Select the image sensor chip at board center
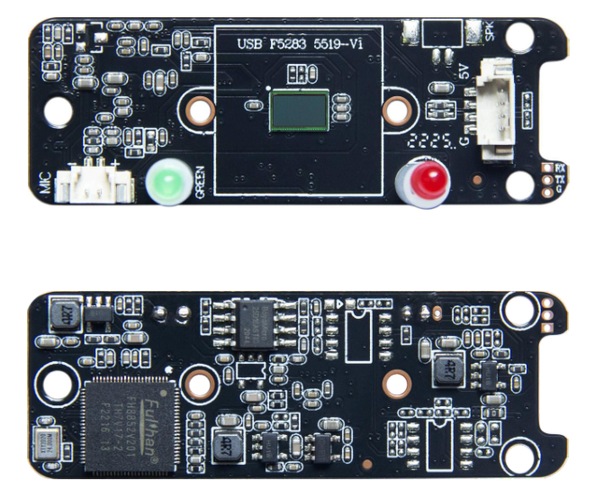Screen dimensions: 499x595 pyautogui.click(x=300, y=109)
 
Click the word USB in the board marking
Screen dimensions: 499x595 pyautogui.click(x=249, y=42)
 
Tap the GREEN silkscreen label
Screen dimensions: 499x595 pyautogui.click(x=199, y=180)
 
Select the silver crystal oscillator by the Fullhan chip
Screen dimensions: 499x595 pyautogui.click(x=45, y=445)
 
